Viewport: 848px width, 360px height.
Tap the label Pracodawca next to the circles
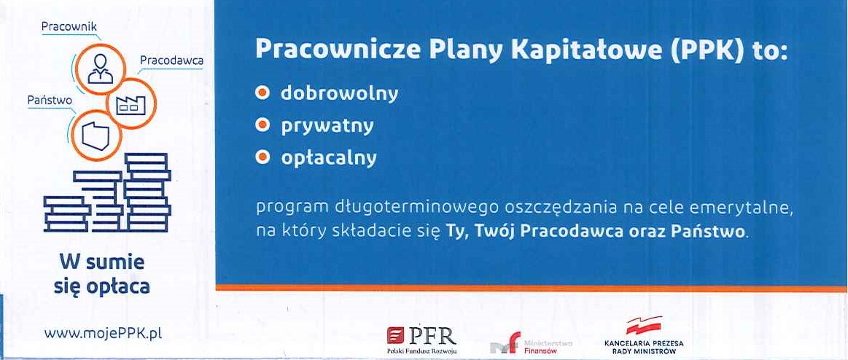click(171, 60)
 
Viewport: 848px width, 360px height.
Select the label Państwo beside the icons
click(50, 100)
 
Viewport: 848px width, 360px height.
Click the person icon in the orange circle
click(100, 69)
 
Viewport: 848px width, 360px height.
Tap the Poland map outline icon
click(96, 136)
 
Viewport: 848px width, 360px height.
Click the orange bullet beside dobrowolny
click(262, 93)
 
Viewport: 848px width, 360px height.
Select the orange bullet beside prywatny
click(262, 125)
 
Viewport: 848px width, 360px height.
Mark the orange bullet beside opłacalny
click(262, 157)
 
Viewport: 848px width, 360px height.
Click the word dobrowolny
click(339, 93)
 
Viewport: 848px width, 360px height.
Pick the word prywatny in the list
click(327, 127)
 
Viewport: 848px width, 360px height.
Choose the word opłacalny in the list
click(328, 158)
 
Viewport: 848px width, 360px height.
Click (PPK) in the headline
click(701, 50)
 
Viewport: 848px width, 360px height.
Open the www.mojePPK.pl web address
click(103, 333)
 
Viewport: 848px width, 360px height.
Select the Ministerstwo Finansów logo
click(531, 345)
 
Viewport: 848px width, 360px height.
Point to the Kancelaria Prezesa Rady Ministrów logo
click(644, 336)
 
